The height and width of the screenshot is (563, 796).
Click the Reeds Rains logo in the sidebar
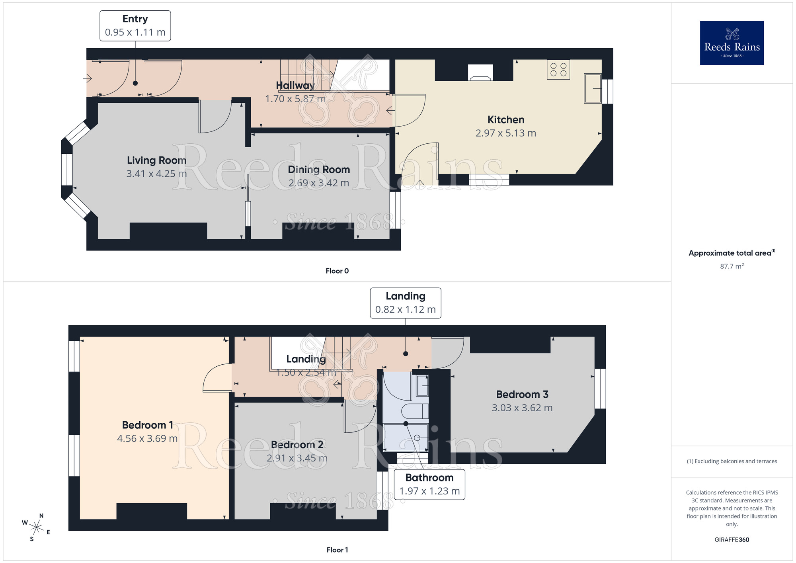[x=732, y=43]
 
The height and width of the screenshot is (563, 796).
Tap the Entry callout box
[x=135, y=26]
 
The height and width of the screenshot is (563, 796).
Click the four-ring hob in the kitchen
[x=558, y=70]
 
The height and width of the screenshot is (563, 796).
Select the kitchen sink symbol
[x=593, y=88]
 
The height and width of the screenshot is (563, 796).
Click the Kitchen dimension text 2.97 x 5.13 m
[x=505, y=133]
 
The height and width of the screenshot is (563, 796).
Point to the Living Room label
[x=156, y=160]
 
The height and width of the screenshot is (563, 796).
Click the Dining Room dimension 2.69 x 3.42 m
[x=318, y=183]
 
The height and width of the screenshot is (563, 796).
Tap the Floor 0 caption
[x=337, y=271]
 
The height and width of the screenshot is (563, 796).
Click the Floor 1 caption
[x=337, y=550]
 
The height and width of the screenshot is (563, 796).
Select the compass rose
[x=37, y=528]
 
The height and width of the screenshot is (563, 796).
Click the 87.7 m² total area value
[x=732, y=266]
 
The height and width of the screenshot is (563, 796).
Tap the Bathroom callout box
[x=429, y=485]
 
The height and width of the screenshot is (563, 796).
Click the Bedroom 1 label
[x=147, y=425]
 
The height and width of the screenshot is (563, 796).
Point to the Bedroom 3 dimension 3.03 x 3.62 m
[x=522, y=408]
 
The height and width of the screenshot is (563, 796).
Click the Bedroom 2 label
[x=297, y=445]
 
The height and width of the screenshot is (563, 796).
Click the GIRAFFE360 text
[x=732, y=540]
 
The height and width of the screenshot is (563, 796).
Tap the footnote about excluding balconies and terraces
[x=732, y=461]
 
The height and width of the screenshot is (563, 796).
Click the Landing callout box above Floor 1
[x=405, y=303]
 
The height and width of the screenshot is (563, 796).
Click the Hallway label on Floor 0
[x=295, y=86]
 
